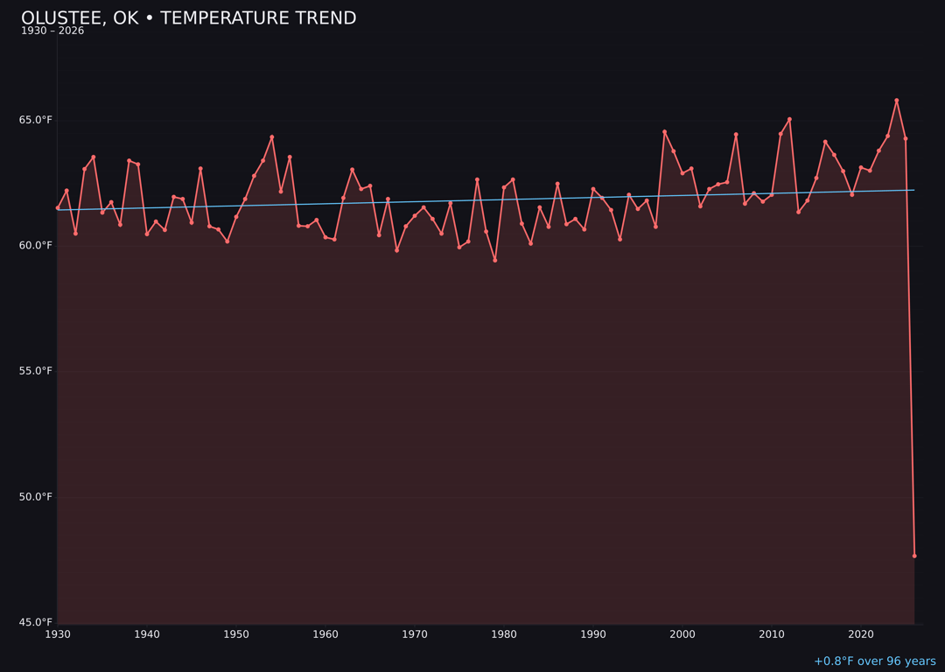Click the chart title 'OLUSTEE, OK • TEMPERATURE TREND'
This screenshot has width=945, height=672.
[x=188, y=18]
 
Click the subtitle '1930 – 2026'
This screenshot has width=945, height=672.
[x=52, y=31]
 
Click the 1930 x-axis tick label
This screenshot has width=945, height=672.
[x=58, y=634]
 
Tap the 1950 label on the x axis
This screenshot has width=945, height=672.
[x=236, y=634]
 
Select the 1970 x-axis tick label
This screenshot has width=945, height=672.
[x=415, y=634]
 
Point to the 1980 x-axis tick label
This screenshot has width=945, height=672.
[x=504, y=634]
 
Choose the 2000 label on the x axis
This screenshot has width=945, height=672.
[x=682, y=634]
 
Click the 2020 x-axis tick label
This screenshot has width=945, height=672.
[x=861, y=634]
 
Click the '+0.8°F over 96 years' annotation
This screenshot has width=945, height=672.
[x=874, y=661]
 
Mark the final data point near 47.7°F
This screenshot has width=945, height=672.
[x=914, y=556]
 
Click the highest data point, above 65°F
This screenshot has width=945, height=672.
[x=896, y=101]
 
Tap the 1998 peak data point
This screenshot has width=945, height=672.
[x=664, y=132]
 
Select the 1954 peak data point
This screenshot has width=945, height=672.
[x=272, y=137]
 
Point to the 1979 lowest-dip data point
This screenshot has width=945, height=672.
[x=495, y=260]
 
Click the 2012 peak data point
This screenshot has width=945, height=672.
[x=789, y=119]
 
